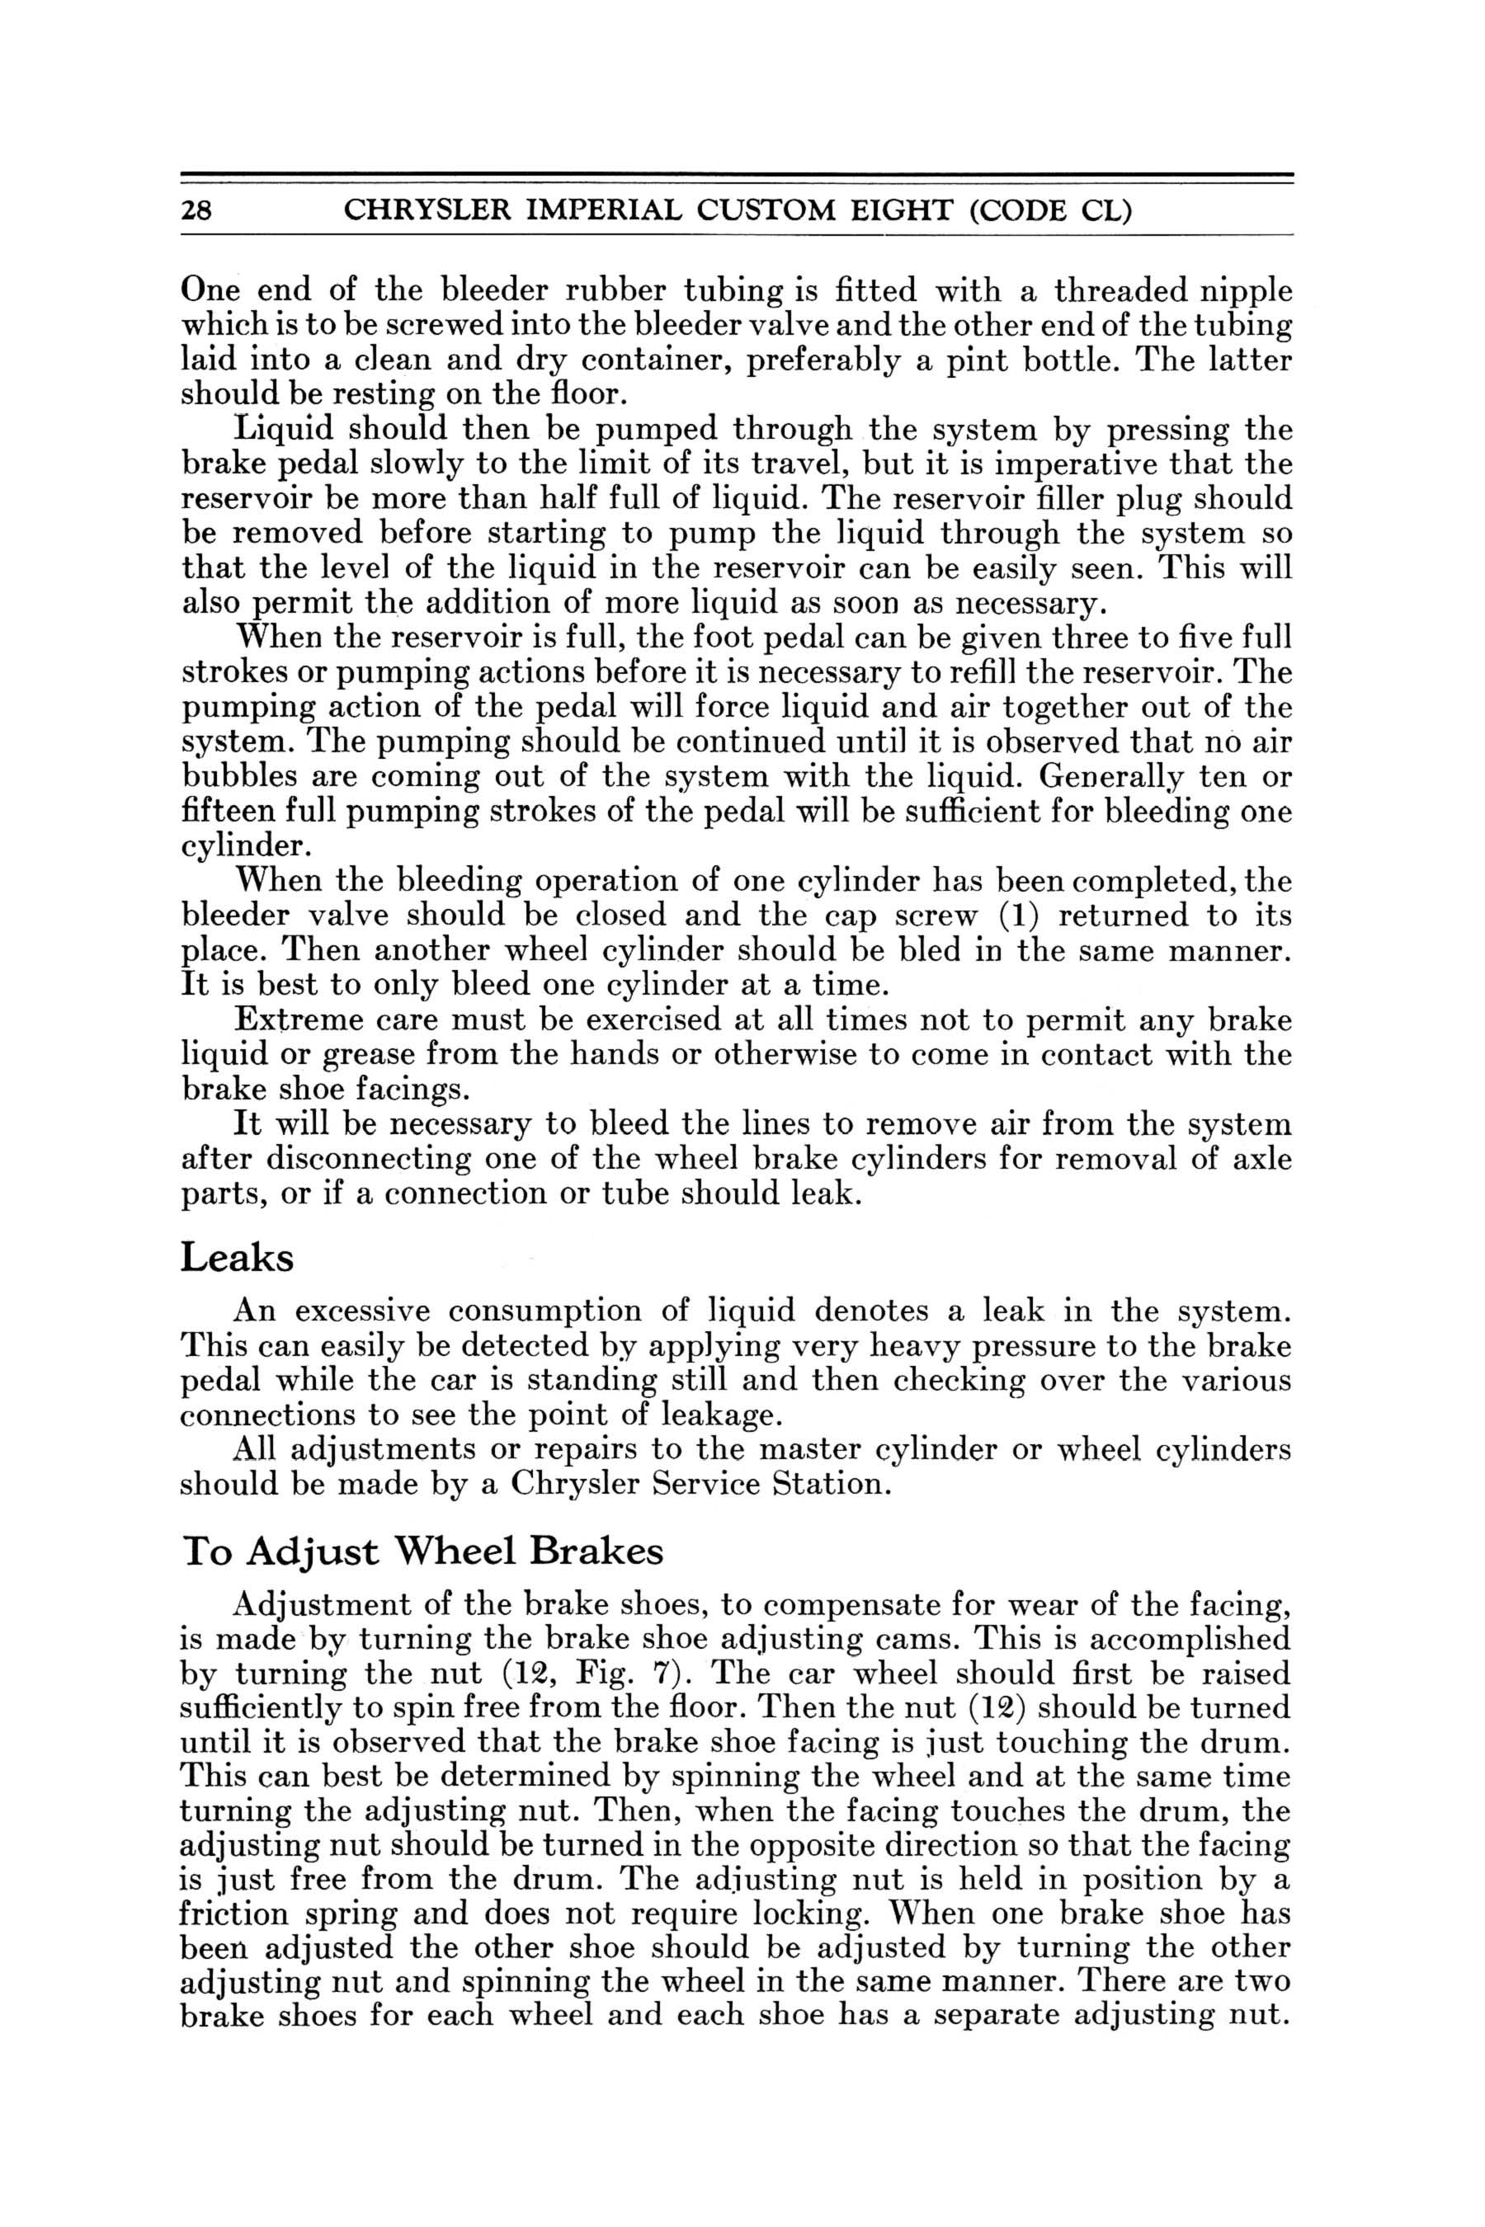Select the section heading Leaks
237,1259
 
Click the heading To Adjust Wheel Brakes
422,1550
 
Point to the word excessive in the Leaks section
363,1311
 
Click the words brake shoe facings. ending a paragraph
325,1090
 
